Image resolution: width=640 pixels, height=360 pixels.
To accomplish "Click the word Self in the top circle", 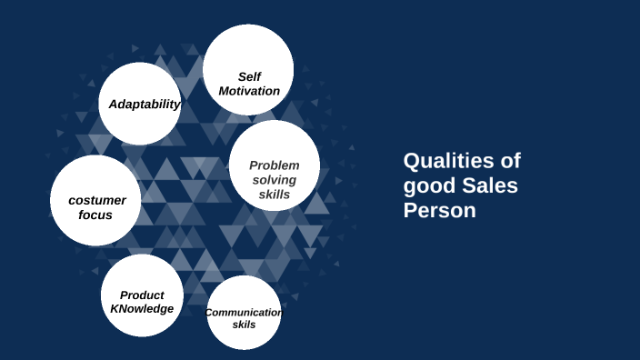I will [x=249, y=77].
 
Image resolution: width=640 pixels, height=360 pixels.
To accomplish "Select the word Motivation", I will [x=249, y=91].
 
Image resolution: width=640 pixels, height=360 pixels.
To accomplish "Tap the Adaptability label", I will [x=145, y=105].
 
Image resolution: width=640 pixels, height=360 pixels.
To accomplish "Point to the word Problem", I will [x=274, y=165].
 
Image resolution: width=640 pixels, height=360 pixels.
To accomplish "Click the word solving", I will [x=274, y=180].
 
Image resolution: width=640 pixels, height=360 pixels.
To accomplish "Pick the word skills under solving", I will [x=274, y=195].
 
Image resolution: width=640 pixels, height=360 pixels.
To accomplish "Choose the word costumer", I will [x=96, y=200].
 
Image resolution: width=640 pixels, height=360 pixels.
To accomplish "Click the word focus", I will [x=95, y=215].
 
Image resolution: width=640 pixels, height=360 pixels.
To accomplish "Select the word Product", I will [x=142, y=295].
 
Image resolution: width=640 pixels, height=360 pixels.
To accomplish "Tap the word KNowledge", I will [x=142, y=309].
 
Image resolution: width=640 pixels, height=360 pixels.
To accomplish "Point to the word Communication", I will [x=244, y=313].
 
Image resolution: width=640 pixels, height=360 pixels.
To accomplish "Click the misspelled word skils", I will [x=244, y=325].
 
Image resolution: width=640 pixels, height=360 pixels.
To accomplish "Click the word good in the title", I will [x=428, y=186].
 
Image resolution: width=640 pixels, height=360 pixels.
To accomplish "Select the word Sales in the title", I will [x=488, y=186].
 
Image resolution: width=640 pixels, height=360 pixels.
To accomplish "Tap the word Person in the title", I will [x=440, y=211].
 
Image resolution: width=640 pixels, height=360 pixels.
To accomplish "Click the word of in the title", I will [x=511, y=162].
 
